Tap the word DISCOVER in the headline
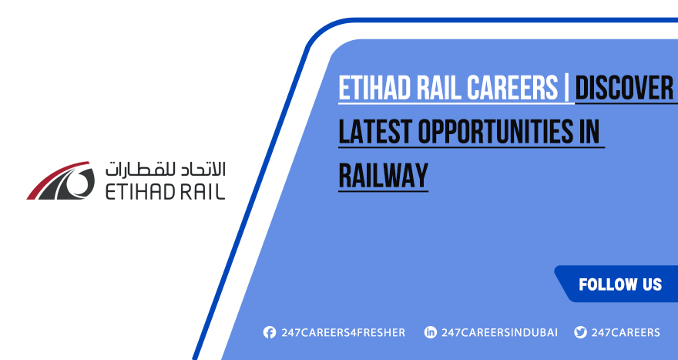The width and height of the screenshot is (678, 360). pos(624,89)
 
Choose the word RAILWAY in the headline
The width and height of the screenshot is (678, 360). pos(383,176)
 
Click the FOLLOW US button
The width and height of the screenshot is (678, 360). pos(619,284)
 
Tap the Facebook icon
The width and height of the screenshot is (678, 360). pos(269,332)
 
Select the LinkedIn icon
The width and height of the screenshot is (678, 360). pos(430,332)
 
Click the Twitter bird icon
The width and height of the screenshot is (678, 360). pos(580,332)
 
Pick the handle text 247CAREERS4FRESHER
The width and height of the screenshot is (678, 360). pos(343,332)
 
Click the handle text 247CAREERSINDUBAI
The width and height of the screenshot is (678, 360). pos(499,332)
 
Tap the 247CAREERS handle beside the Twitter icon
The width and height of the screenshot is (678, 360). pos(626,332)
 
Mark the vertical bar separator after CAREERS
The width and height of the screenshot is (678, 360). pos(569,89)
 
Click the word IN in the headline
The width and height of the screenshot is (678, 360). pos(589,133)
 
